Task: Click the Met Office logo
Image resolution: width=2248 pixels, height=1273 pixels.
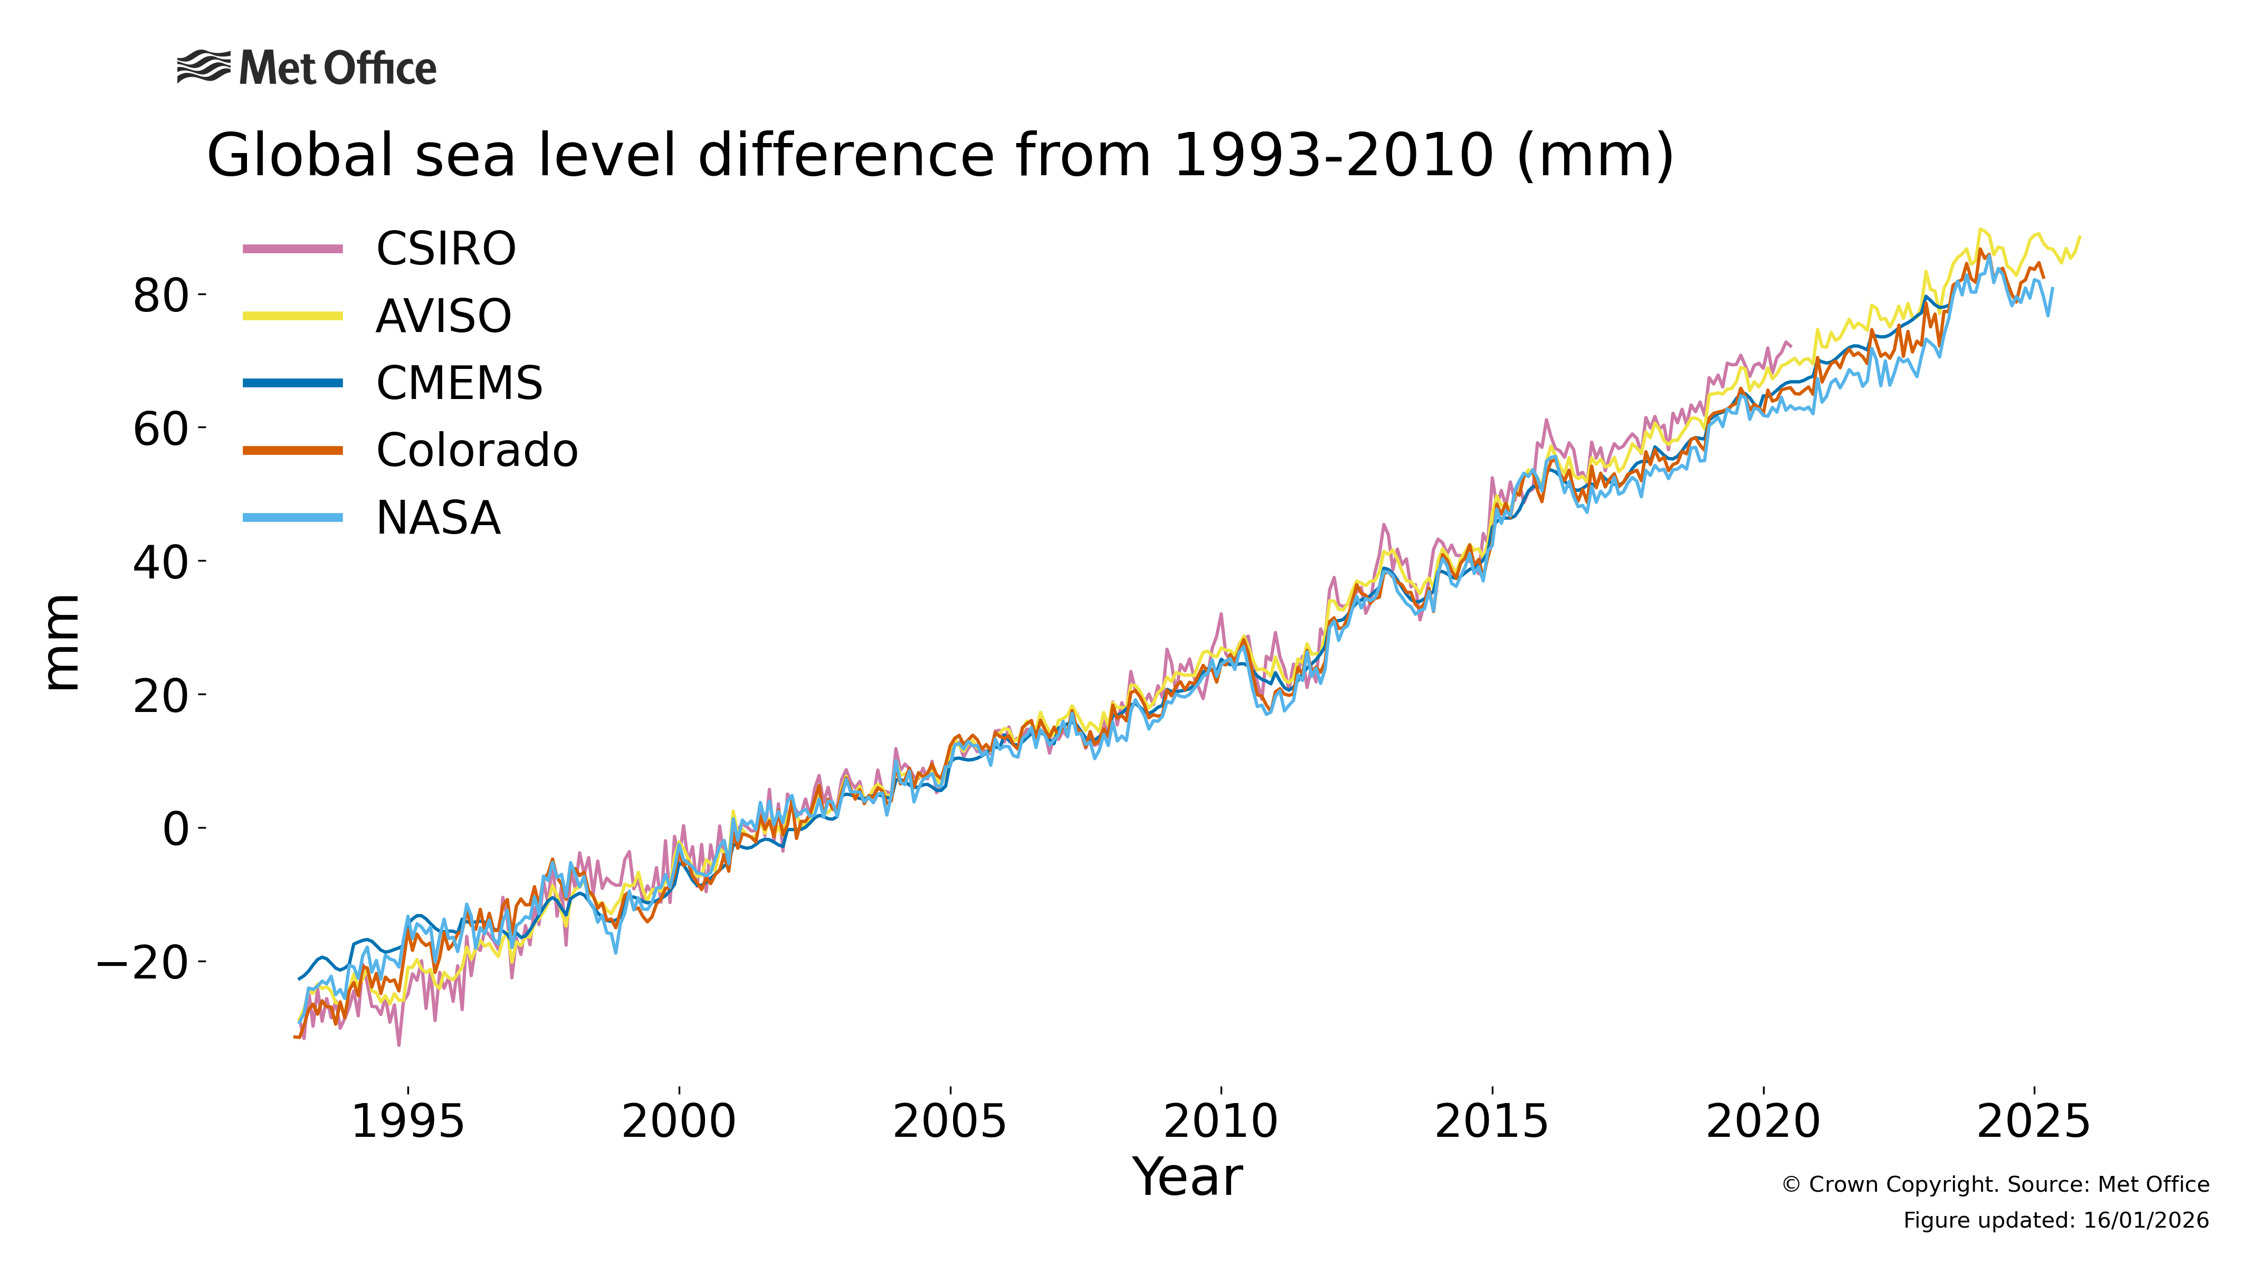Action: [x=306, y=68]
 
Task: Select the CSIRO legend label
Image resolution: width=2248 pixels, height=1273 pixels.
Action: [x=446, y=249]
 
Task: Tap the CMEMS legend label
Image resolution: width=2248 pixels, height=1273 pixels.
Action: [x=459, y=383]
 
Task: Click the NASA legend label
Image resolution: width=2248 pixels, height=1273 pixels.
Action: [x=438, y=518]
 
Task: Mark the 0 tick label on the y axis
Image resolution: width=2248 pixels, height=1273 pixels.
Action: [x=176, y=829]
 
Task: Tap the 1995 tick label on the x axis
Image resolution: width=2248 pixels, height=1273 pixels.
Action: [x=407, y=1121]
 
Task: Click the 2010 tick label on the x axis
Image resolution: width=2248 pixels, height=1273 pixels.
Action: [x=1220, y=1121]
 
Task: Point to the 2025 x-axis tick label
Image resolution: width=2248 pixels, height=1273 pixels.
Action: [x=2033, y=1121]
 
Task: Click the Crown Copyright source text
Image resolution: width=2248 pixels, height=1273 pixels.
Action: [x=1995, y=1185]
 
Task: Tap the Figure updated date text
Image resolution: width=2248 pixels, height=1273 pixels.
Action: [x=2056, y=1221]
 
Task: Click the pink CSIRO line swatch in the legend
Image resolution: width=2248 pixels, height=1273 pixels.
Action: [x=293, y=249]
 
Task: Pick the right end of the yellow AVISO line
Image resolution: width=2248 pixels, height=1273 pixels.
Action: [x=2079, y=237]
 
